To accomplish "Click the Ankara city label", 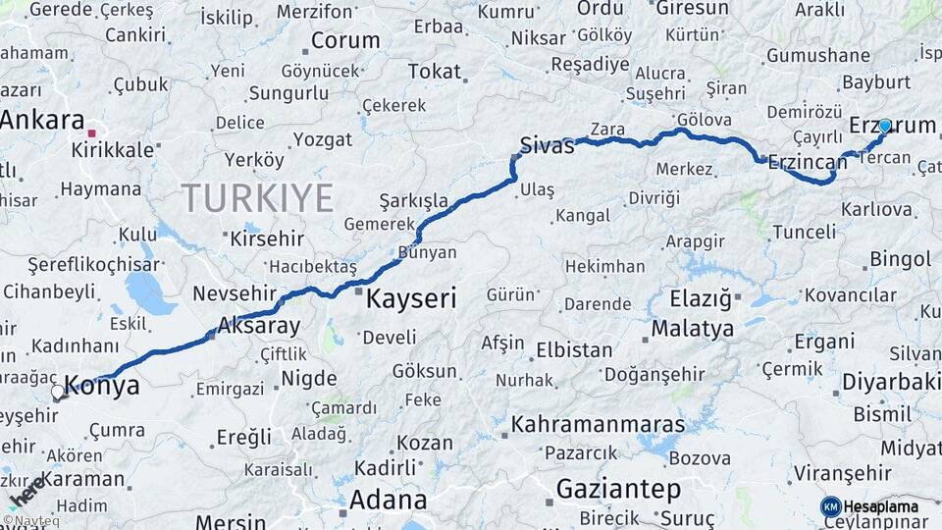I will pyautogui.click(x=42, y=121).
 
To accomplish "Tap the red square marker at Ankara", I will pyautogui.click(x=91, y=132).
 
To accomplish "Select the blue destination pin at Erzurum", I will pyautogui.click(x=885, y=126).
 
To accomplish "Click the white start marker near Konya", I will pyautogui.click(x=58, y=393).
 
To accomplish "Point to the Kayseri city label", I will pyautogui.click(x=411, y=298).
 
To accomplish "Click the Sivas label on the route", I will pyautogui.click(x=547, y=145).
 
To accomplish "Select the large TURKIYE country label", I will pyautogui.click(x=258, y=198).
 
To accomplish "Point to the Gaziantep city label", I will pyautogui.click(x=618, y=489).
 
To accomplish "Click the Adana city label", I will pyautogui.click(x=388, y=500).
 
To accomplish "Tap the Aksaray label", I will pyautogui.click(x=258, y=324).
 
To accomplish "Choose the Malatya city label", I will pyautogui.click(x=692, y=329).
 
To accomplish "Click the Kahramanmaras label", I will pyautogui.click(x=598, y=425).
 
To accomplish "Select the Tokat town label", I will pyautogui.click(x=434, y=71).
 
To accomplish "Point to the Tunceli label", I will pyautogui.click(x=804, y=233).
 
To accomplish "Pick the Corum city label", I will pyautogui.click(x=345, y=41).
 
